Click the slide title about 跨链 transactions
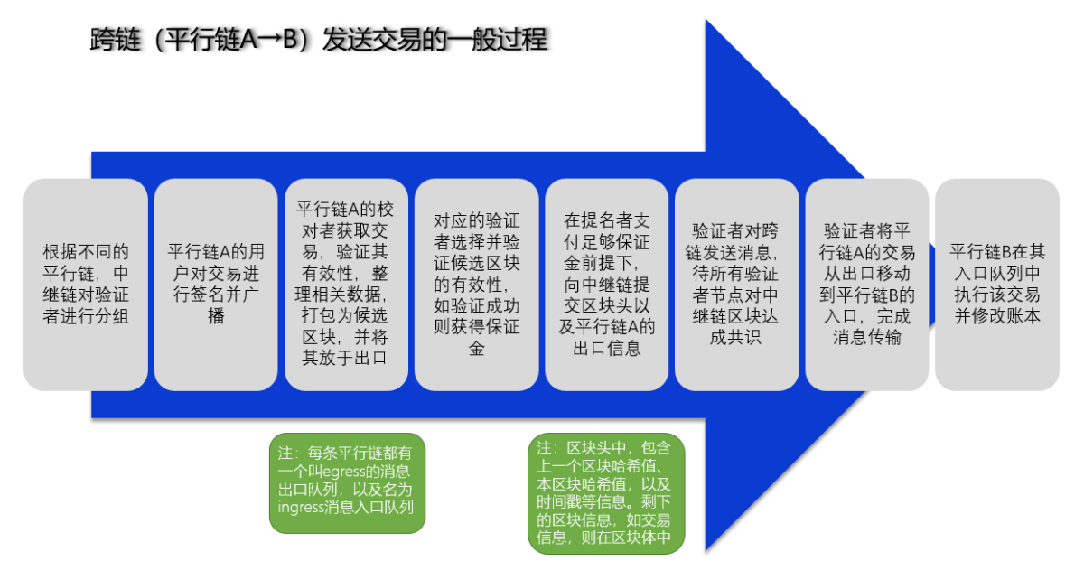(318, 40)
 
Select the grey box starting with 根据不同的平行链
(86, 285)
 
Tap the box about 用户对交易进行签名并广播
(216, 285)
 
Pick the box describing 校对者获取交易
(346, 285)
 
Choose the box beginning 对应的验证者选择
(477, 285)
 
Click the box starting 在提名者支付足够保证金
(607, 285)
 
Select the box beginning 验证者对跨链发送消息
(737, 285)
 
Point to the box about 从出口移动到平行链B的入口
(867, 285)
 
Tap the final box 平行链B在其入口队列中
(997, 285)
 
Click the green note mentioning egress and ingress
(348, 483)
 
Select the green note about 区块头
(606, 493)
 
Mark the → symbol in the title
(269, 39)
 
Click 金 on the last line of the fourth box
(477, 348)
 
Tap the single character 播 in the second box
(216, 316)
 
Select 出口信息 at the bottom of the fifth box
(607, 348)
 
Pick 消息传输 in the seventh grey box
(867, 338)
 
